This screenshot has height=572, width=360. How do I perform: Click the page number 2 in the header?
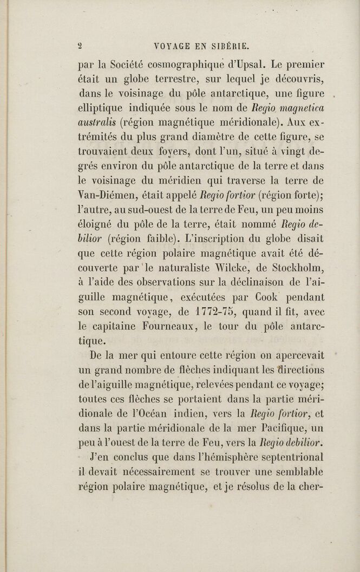(80, 45)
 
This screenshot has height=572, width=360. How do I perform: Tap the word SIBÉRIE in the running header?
(227, 45)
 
